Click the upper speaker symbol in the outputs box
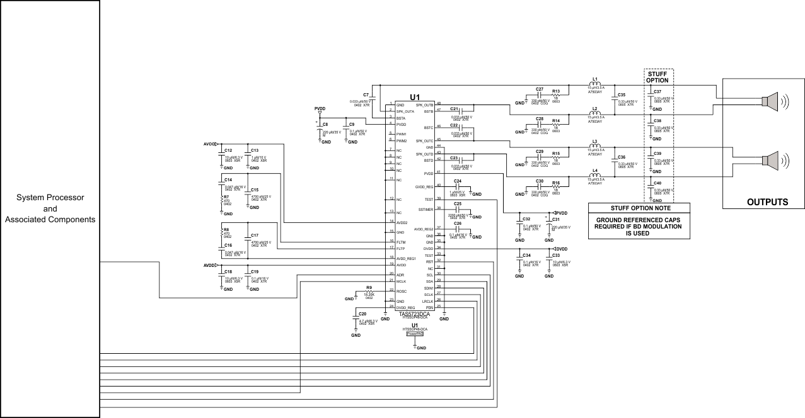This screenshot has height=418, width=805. [770, 101]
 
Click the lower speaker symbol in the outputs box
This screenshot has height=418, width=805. [770, 161]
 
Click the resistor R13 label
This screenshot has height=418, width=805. [556, 91]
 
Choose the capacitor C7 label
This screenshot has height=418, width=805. [366, 94]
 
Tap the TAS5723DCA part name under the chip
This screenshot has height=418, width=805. [414, 313]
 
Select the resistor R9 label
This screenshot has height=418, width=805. [369, 288]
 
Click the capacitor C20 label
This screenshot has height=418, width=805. [362, 313]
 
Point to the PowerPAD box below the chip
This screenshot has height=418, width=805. [415, 334]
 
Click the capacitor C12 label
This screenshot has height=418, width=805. [228, 150]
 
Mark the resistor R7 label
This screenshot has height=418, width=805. [226, 196]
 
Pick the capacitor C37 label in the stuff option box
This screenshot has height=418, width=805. [657, 92]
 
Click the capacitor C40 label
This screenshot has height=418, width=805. [657, 183]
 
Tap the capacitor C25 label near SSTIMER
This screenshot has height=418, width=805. [458, 204]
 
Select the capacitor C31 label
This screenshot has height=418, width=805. [556, 220]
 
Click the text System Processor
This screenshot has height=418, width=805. [50, 198]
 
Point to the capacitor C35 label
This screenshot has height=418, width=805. [622, 94]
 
